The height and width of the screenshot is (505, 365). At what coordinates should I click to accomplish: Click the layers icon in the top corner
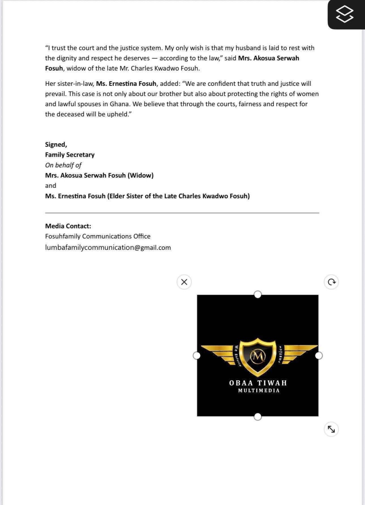click(345, 14)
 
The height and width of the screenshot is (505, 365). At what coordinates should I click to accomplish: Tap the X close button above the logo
click(184, 282)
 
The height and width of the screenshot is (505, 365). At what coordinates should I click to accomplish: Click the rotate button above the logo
click(331, 282)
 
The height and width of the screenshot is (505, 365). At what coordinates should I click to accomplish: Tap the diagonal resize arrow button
click(331, 429)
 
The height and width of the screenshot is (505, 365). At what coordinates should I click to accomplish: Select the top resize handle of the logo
click(258, 294)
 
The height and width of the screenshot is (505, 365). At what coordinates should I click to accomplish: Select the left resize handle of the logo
click(196, 355)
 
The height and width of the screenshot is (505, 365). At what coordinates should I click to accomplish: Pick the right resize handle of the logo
click(319, 355)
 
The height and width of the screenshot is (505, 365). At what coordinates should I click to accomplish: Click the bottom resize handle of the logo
click(258, 417)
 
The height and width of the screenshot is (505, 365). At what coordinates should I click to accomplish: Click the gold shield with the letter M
click(258, 356)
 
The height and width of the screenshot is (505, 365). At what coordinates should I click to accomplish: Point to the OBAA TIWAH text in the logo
click(258, 383)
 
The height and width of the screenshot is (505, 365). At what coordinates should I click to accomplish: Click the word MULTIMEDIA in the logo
click(259, 391)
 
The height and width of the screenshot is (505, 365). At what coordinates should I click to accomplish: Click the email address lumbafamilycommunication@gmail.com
click(108, 247)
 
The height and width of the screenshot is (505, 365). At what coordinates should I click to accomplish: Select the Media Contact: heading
click(68, 226)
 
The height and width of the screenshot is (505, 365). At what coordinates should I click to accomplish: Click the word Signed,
click(56, 144)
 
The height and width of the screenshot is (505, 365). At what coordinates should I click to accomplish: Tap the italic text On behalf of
click(63, 165)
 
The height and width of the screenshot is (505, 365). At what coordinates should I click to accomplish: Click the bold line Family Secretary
click(70, 155)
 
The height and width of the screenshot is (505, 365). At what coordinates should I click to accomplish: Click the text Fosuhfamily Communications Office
click(98, 236)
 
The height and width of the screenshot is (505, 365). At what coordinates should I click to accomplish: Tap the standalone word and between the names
click(51, 185)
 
